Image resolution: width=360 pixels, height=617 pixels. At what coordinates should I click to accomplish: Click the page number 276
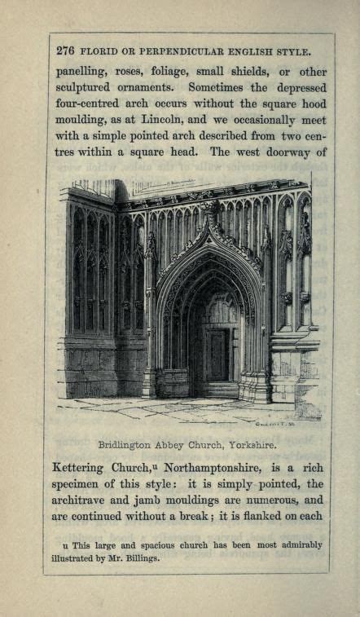[x=66, y=51]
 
